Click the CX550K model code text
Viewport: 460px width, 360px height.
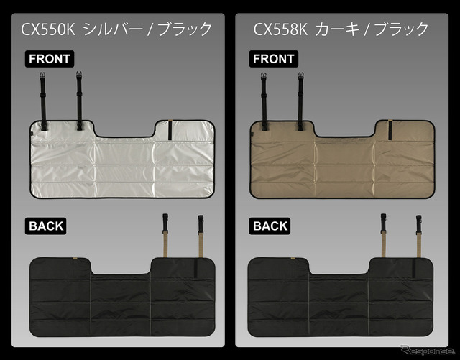[48, 29]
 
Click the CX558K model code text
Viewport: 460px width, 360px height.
[280, 29]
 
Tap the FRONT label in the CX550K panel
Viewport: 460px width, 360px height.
[50, 59]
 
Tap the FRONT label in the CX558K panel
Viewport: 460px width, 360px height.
[273, 59]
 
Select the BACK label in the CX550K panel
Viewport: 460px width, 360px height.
[46, 226]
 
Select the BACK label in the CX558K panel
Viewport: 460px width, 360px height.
[270, 226]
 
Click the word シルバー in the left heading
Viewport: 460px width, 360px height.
[114, 29]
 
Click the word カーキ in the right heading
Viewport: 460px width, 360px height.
[337, 29]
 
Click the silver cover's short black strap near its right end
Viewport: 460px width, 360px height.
[170, 129]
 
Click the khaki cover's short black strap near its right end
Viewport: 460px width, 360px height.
[390, 129]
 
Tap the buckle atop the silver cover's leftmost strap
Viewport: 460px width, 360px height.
[42, 75]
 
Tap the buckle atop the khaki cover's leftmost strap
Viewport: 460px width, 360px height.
[264, 76]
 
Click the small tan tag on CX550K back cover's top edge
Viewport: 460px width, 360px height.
[75, 258]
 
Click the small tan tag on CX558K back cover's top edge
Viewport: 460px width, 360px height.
[293, 258]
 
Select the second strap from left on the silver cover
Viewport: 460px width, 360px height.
[79, 101]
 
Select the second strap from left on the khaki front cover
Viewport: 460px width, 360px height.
[300, 101]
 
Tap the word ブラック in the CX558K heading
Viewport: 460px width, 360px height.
[401, 29]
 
